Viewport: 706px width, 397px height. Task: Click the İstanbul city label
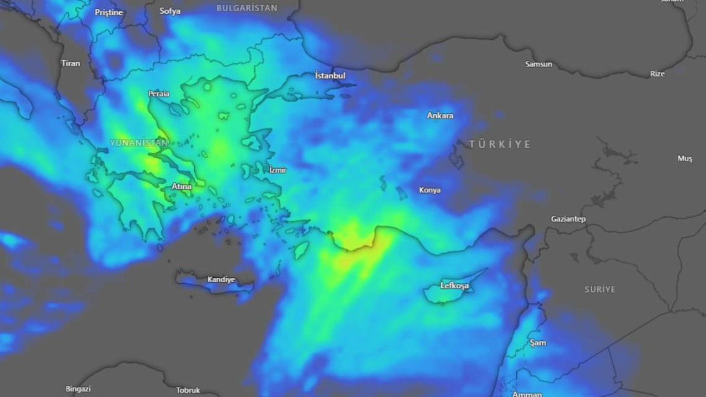click(x=330, y=76)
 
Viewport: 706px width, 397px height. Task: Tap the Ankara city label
click(x=440, y=116)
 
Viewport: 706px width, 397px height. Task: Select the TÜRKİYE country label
click(x=500, y=144)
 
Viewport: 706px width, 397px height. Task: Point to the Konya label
click(x=430, y=190)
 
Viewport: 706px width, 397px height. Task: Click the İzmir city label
click(x=277, y=170)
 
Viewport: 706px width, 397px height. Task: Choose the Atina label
click(x=181, y=186)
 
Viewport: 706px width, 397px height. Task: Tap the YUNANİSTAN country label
click(x=139, y=143)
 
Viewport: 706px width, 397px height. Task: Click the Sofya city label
click(x=170, y=11)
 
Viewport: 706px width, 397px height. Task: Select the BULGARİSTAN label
click(x=247, y=8)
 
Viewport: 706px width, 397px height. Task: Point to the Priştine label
click(x=109, y=12)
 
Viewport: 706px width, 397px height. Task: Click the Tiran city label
click(x=71, y=63)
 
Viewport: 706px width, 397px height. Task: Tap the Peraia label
click(x=159, y=94)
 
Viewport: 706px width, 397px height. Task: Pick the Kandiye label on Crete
click(x=221, y=280)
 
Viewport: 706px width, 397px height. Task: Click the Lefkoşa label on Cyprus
click(x=454, y=286)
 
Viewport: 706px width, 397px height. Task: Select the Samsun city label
click(x=538, y=65)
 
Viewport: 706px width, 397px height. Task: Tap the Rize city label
click(x=657, y=74)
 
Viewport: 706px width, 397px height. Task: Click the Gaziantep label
click(x=568, y=219)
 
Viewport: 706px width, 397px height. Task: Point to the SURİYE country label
click(x=600, y=289)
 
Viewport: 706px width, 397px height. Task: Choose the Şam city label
click(x=538, y=343)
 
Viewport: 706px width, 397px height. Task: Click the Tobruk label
click(x=188, y=390)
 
